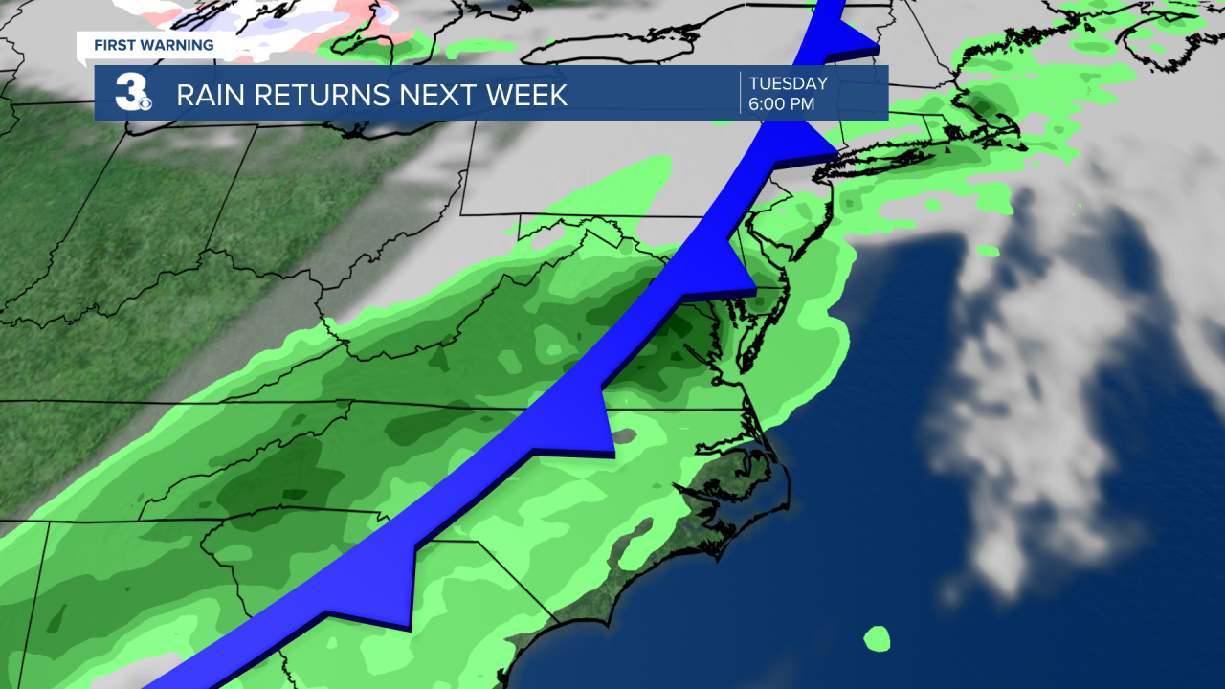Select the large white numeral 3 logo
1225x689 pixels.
(x=127, y=93)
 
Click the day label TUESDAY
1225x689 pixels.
(x=788, y=84)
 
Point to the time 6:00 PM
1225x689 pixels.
(x=781, y=104)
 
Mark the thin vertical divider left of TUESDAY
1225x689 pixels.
(x=741, y=93)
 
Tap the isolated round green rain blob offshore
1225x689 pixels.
(x=876, y=638)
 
